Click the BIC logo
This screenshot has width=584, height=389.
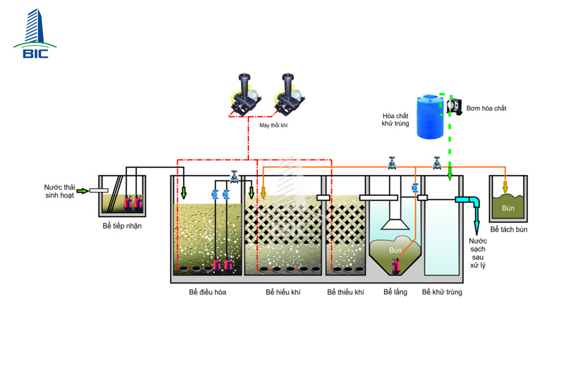[35, 34]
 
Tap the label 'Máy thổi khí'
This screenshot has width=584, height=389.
[273, 125]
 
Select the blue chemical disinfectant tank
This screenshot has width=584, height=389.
[430, 117]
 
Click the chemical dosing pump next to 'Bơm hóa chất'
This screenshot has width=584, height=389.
[454, 106]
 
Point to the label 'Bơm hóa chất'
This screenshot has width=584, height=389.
[486, 108]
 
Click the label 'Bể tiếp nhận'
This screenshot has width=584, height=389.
[122, 226]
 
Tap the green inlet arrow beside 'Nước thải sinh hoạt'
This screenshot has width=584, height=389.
[82, 191]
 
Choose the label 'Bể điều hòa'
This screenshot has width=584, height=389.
[208, 292]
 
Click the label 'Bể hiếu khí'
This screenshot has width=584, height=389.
[283, 292]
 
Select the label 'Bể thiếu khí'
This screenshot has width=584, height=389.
[346, 292]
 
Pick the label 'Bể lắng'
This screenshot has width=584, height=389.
[395, 292]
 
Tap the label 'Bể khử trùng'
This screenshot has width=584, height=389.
[442, 292]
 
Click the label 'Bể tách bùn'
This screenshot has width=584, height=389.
[509, 230]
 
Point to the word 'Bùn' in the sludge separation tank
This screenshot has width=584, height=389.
[508, 209]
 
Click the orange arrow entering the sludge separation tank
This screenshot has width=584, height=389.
[505, 187]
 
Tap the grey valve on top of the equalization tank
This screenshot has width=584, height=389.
[234, 177]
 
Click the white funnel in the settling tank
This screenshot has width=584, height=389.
[395, 225]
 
